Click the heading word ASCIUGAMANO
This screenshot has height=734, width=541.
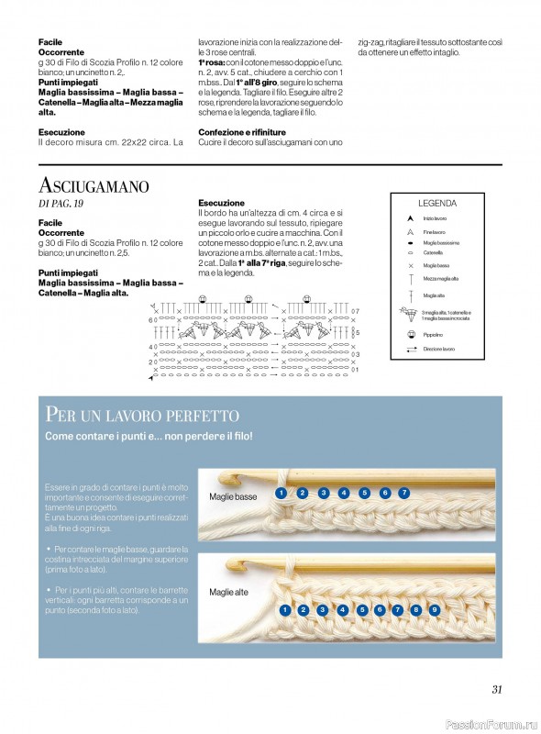tap(94, 186)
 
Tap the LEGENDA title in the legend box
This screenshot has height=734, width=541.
tap(437, 204)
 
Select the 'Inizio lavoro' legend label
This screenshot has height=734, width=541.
tap(434, 218)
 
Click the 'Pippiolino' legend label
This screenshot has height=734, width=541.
tap(434, 335)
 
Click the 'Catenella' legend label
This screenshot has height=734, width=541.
tap(432, 251)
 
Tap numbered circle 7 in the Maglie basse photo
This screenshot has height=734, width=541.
tap(403, 493)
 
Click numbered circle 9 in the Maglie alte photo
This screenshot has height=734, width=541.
tap(434, 609)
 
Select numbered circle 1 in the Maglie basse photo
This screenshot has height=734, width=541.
tap(280, 493)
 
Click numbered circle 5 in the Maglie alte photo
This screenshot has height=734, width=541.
tap(362, 609)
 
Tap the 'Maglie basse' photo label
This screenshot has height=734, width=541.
tap(233, 496)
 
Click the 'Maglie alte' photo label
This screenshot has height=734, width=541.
tap(228, 593)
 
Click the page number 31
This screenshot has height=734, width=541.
tap(497, 690)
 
